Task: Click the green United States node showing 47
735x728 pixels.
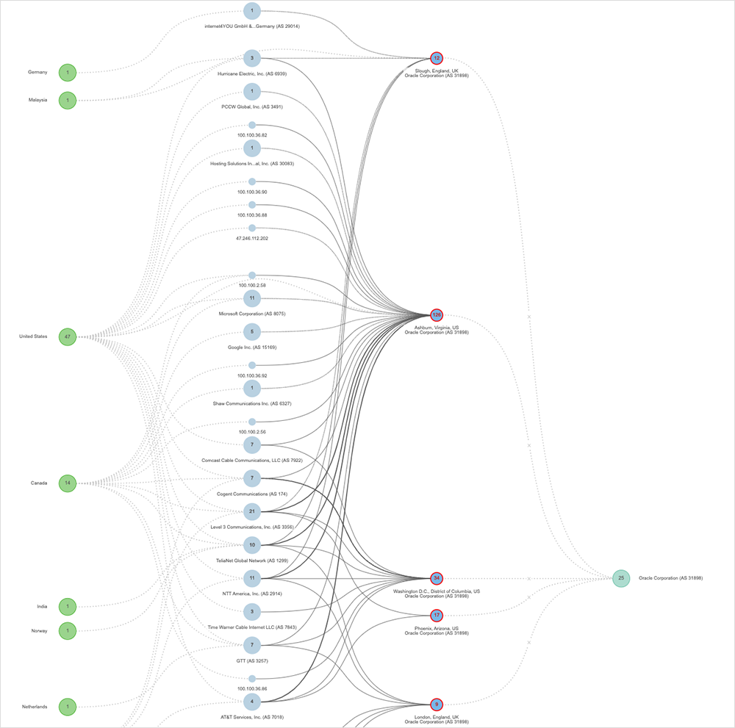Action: (x=68, y=337)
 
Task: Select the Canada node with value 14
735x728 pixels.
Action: (x=68, y=483)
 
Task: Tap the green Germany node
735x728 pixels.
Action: (x=68, y=73)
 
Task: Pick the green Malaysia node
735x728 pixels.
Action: (x=68, y=100)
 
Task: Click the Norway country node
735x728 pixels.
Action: (x=68, y=630)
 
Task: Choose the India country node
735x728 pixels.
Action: (x=68, y=607)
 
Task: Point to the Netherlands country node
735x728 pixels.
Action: (x=68, y=707)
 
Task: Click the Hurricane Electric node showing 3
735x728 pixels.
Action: (x=252, y=58)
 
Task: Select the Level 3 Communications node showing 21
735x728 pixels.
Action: (x=252, y=511)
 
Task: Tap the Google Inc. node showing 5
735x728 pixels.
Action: (x=252, y=331)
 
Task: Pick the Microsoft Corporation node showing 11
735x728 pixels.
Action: (x=252, y=298)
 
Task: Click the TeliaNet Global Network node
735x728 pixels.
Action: (x=252, y=545)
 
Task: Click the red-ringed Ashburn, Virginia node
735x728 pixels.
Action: (x=437, y=315)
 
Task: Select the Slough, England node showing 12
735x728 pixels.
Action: (x=437, y=58)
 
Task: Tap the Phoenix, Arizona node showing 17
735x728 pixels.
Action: (x=437, y=615)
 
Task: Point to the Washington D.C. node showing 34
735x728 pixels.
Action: (x=437, y=579)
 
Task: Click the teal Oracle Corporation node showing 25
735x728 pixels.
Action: (x=621, y=579)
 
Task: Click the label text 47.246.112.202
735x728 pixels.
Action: (x=252, y=239)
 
